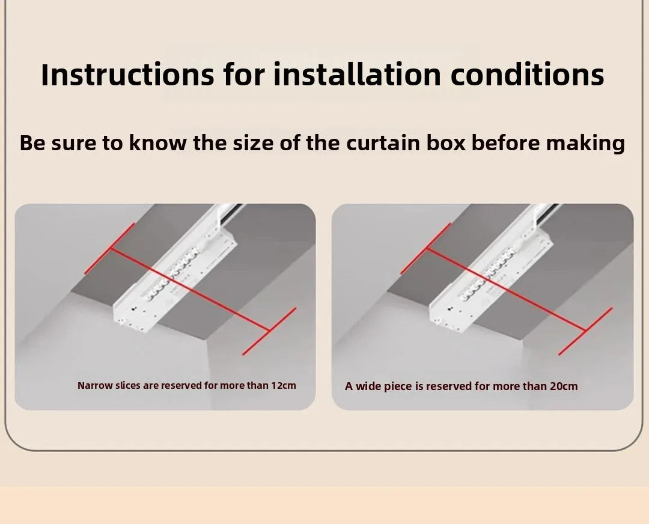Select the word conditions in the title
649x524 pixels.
(527, 75)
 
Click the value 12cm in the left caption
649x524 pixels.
(284, 385)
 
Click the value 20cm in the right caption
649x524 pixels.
(564, 386)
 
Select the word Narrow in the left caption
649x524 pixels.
(95, 385)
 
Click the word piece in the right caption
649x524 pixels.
(403, 386)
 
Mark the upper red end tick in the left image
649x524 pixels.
(110, 248)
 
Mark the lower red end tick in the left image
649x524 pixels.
(269, 331)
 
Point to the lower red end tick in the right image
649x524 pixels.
(585, 331)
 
